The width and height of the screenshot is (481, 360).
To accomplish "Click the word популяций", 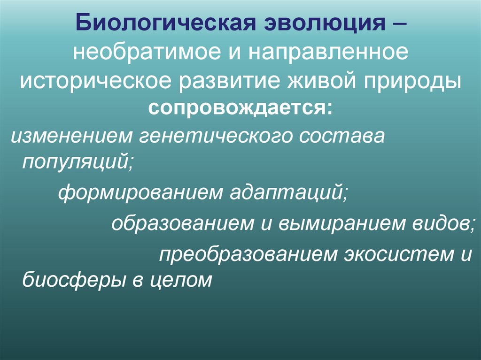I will pos(77,162).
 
